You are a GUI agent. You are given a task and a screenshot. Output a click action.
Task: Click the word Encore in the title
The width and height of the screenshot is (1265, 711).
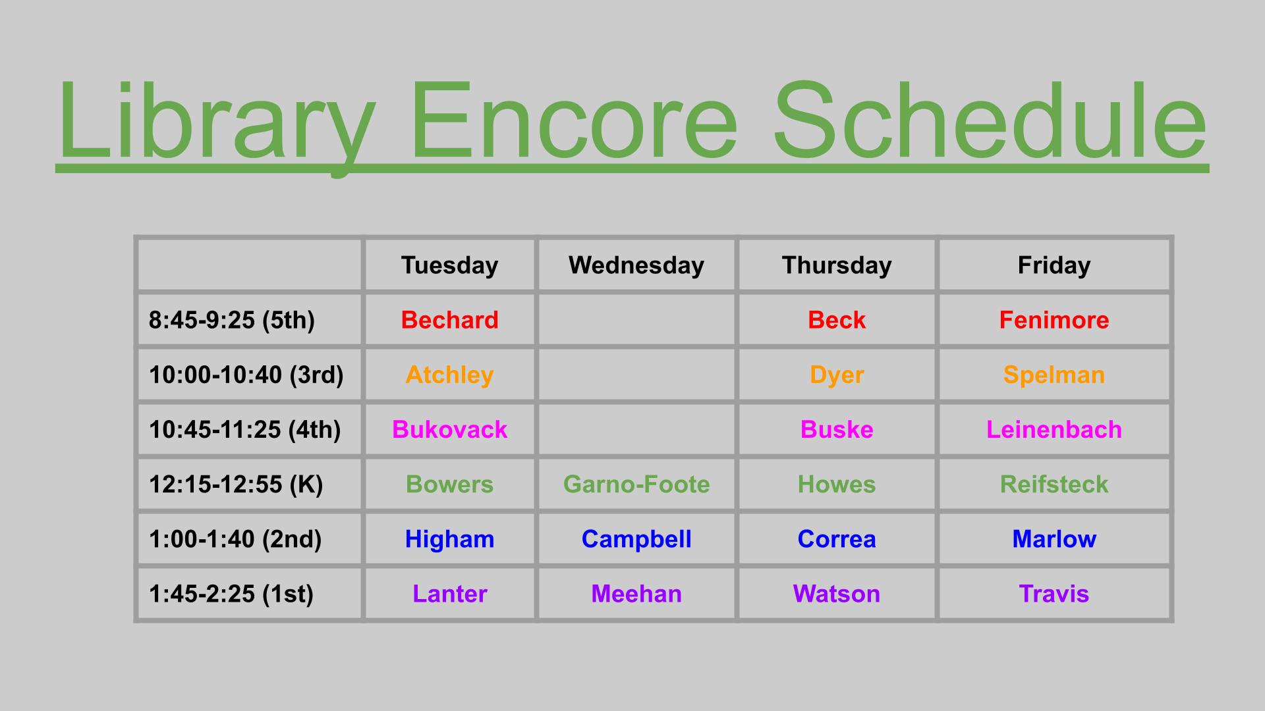click(573, 121)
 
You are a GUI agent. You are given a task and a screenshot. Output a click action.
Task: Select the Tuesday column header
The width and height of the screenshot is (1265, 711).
click(449, 265)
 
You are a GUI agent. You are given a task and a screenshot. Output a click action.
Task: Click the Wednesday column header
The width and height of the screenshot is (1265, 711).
click(636, 265)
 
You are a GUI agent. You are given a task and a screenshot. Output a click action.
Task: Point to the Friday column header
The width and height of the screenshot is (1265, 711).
click(1054, 265)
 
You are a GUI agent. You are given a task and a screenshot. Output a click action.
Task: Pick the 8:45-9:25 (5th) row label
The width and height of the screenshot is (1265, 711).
click(232, 320)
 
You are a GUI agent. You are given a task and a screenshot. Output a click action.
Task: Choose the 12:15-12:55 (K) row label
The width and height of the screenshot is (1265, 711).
click(236, 485)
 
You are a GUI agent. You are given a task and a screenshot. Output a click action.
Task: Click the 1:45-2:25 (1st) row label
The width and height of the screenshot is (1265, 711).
click(231, 594)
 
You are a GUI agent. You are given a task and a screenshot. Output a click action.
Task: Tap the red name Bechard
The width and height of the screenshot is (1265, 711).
click(449, 320)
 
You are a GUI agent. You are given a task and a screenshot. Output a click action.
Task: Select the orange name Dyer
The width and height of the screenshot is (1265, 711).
click(837, 375)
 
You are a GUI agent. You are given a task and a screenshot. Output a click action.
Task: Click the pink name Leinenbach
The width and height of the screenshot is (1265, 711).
click(1054, 430)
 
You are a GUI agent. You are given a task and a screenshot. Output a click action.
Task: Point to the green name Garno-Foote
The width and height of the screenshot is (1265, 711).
click(636, 485)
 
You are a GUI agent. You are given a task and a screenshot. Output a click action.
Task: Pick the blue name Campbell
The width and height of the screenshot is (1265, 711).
click(636, 539)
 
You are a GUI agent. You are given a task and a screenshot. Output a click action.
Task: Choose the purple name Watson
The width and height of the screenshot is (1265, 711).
click(837, 594)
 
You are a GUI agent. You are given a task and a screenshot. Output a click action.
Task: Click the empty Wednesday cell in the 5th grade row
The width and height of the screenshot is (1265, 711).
click(636, 320)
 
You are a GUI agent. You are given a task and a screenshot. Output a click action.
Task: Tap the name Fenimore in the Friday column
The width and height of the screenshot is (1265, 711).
click(1054, 320)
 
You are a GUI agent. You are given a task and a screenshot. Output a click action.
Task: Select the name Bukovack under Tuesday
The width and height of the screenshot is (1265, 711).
click(449, 430)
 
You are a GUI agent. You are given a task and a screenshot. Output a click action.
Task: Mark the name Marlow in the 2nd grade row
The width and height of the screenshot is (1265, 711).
click(1054, 539)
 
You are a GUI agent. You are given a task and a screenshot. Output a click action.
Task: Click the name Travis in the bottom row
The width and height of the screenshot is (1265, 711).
click(1054, 594)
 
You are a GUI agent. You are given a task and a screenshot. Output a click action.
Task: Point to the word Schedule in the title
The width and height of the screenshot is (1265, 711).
click(990, 121)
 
